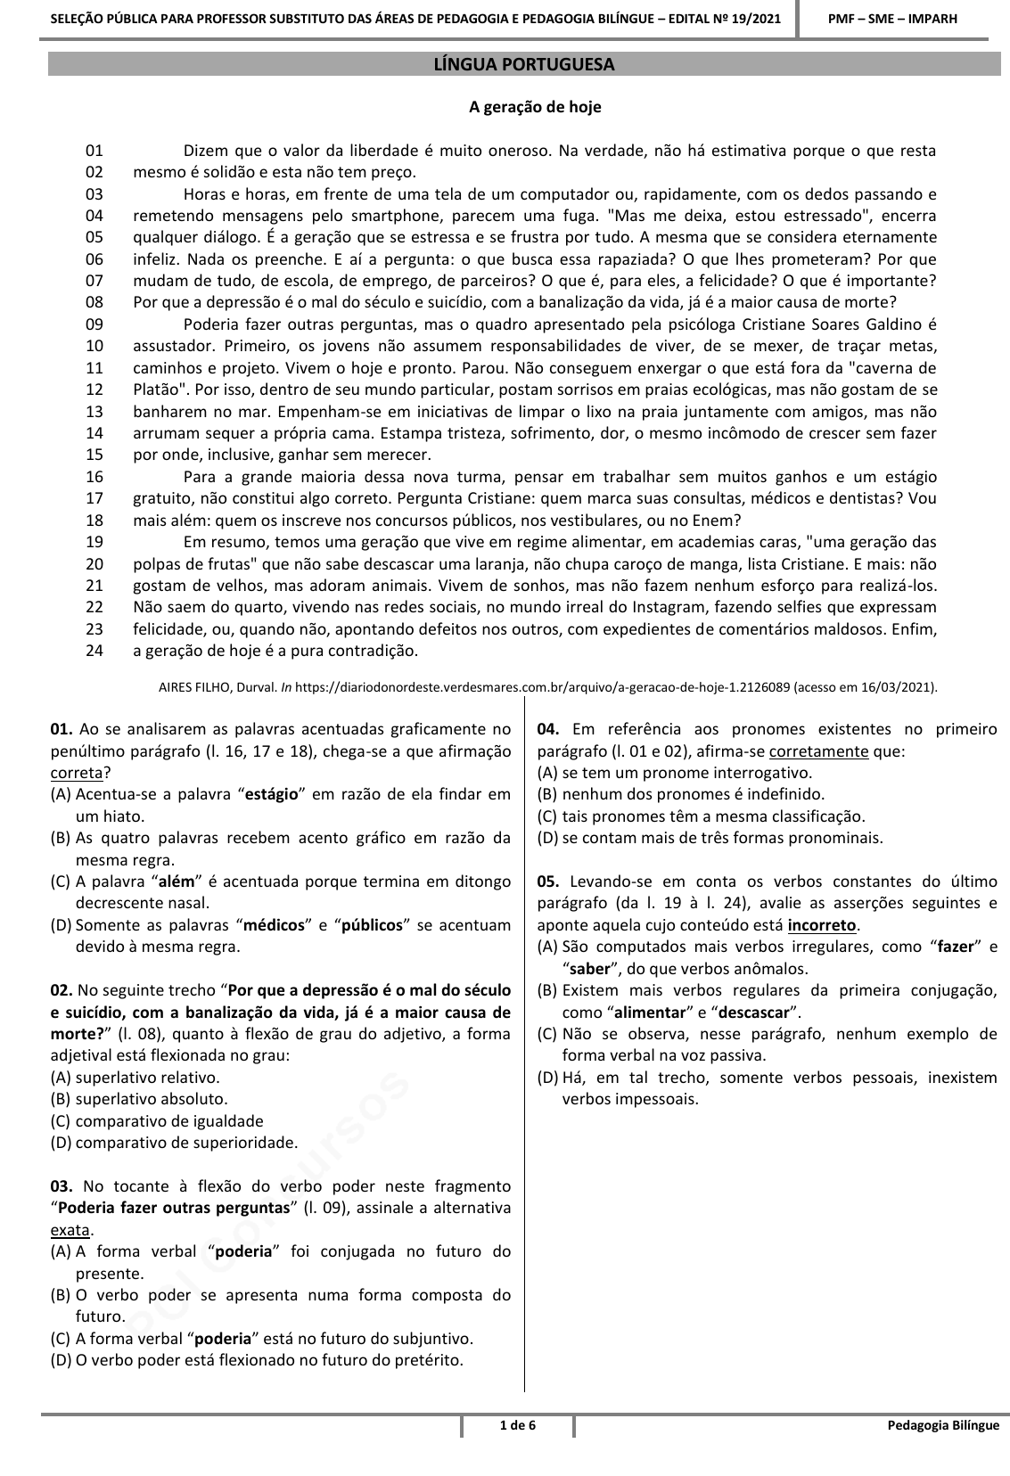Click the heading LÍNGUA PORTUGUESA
pos(523,65)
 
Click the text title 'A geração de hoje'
pos(535,107)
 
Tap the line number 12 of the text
pos(94,389)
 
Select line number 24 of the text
pos(94,651)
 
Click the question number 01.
pos(62,730)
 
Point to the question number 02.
pos(62,990)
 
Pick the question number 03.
pos(62,1186)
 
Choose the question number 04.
pos(548,730)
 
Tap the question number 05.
pos(548,881)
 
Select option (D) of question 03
pos(62,1360)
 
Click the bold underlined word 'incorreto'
pos(821,925)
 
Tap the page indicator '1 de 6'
pos(518,1425)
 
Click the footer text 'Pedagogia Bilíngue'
pos(943,1425)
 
